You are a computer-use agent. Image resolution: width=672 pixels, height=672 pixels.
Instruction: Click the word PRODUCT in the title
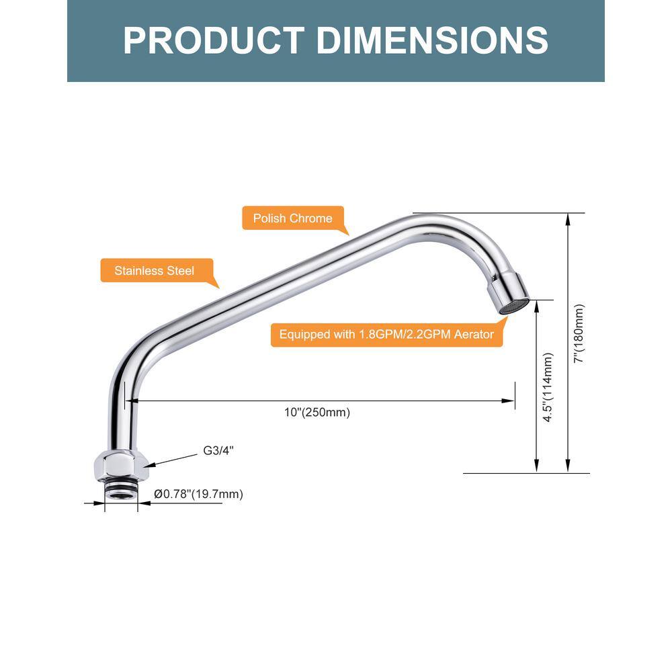pyautogui.click(x=214, y=40)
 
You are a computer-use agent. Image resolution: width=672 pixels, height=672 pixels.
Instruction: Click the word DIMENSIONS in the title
pyautogui.click(x=432, y=40)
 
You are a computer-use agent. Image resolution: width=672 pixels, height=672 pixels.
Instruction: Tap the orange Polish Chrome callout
pyautogui.click(x=295, y=219)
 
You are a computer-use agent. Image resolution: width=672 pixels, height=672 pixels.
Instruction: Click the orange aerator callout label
pyautogui.click(x=386, y=334)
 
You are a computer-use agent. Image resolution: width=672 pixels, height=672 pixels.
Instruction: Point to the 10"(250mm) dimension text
pyautogui.click(x=317, y=413)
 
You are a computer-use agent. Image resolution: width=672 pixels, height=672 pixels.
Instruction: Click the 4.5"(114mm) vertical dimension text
pyautogui.click(x=548, y=387)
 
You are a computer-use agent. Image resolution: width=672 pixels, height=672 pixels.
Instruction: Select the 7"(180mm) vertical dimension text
pyautogui.click(x=579, y=333)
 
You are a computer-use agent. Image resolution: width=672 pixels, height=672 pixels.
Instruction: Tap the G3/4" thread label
pyautogui.click(x=218, y=450)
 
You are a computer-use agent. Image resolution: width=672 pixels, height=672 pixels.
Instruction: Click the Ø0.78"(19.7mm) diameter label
pyautogui.click(x=198, y=494)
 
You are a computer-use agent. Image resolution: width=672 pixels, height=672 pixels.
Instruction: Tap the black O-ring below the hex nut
pyautogui.click(x=121, y=487)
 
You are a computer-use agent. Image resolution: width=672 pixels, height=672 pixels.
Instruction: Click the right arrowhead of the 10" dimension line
pyautogui.click(x=508, y=401)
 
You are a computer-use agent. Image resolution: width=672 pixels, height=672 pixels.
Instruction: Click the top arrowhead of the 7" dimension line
pyautogui.click(x=568, y=220)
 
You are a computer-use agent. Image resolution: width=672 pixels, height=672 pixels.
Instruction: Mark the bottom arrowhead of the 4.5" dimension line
pyautogui.click(x=536, y=466)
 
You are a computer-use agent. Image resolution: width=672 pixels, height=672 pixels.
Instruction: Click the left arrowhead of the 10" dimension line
pyautogui.click(x=132, y=401)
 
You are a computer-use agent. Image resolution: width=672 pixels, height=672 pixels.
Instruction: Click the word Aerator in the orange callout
pyautogui.click(x=474, y=334)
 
